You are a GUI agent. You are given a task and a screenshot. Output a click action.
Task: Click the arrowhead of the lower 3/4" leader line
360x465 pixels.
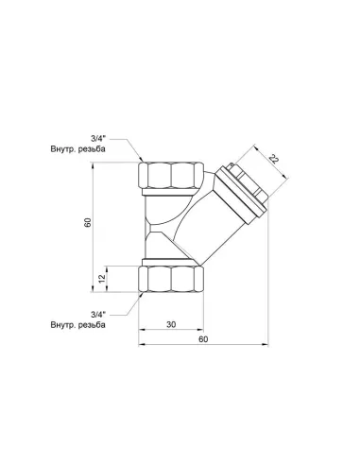pyautogui.click(x=141, y=292)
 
